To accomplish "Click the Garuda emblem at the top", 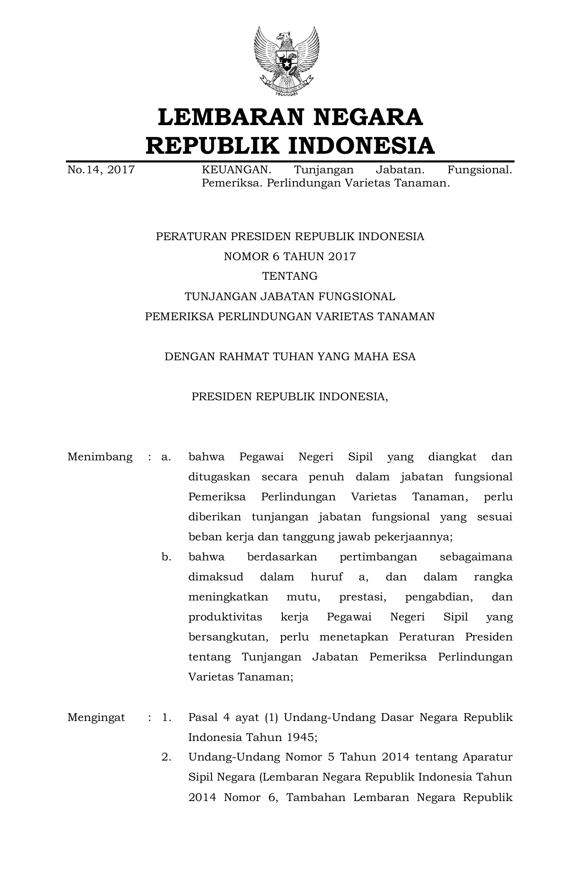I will point(287,61).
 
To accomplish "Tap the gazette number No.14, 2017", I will point(101,170).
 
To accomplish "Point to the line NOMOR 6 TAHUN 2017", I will point(290,257).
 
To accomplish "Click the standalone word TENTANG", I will point(290,276).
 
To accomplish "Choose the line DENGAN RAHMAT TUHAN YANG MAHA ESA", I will point(290,356).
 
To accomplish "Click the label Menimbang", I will point(100,457).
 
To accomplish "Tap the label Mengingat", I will point(96,718).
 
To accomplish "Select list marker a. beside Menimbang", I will point(166,457).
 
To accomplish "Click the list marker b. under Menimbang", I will point(166,557).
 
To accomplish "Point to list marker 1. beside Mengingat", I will point(166,718).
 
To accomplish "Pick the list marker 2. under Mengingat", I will point(166,757).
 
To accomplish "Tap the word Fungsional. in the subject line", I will point(479,170).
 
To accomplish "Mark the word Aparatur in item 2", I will point(487,757).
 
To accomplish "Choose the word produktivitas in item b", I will point(225,617).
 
